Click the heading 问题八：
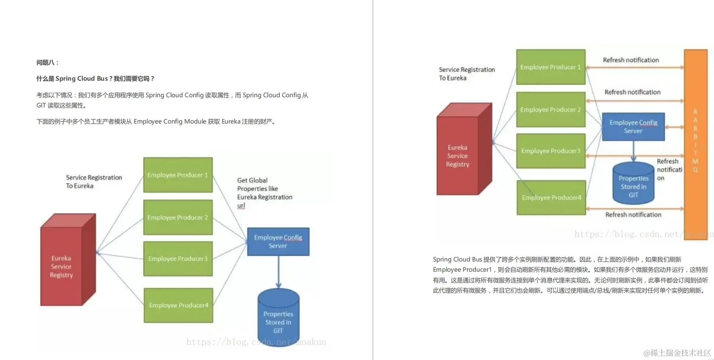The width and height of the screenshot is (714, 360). (48, 62)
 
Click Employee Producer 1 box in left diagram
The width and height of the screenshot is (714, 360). (178, 175)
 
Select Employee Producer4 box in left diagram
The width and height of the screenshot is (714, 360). (178, 305)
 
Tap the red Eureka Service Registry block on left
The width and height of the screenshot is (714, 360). (62, 266)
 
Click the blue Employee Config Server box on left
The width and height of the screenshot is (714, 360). (278, 242)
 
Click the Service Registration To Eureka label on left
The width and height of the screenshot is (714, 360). (93, 181)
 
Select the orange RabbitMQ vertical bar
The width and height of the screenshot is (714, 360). (695, 144)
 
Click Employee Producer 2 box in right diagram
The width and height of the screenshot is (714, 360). (551, 110)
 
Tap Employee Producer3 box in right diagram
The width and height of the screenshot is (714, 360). (551, 151)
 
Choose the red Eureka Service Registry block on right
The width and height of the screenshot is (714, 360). (458, 156)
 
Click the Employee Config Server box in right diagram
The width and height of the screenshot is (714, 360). (633, 127)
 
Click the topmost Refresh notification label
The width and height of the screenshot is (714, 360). (631, 60)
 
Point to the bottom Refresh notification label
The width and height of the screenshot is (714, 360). (633, 215)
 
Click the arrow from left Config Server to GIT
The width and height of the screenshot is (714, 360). (278, 272)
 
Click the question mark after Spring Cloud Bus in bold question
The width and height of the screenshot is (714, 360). (110, 79)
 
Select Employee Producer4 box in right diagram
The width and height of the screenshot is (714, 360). (551, 197)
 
